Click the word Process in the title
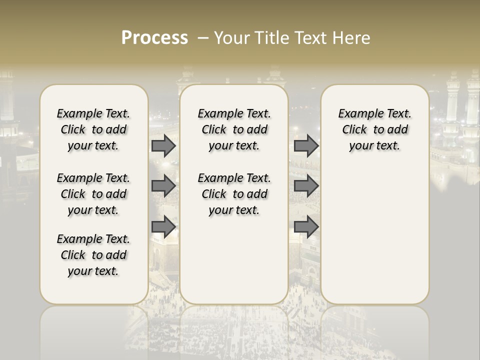click(154, 38)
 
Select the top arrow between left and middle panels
click(163, 146)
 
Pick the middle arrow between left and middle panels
click(163, 186)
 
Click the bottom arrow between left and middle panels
click(163, 226)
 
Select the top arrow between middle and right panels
click(306, 146)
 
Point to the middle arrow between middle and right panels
click(306, 186)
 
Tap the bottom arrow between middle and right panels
click(306, 226)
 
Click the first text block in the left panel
click(93, 129)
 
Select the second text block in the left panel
click(93, 194)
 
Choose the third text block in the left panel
click(93, 255)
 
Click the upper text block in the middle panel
click(234, 129)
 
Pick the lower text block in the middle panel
click(234, 194)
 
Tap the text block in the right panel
click(374, 129)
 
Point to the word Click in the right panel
click(354, 130)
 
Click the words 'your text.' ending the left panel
click(93, 271)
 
